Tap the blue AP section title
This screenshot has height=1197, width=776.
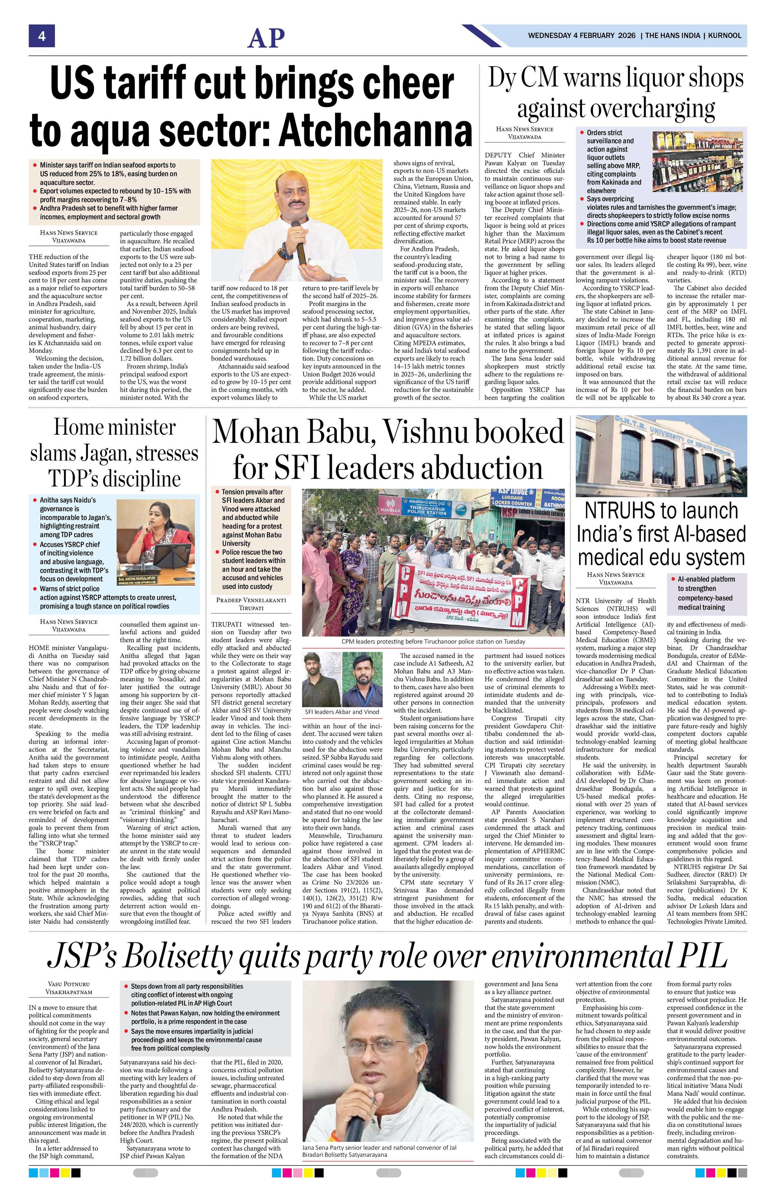266,38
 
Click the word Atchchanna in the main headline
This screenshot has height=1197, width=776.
376,128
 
